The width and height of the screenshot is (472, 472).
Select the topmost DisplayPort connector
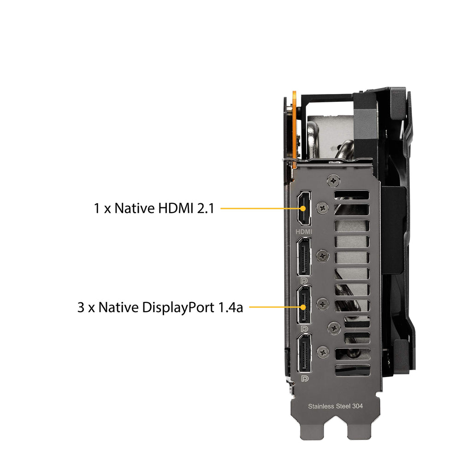tap(304, 256)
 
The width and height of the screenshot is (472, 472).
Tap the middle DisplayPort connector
tap(304, 304)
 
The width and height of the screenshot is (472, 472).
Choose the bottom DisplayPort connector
tap(304, 353)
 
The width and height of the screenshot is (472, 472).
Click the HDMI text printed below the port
tap(304, 231)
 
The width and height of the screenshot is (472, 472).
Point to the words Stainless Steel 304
tap(336, 406)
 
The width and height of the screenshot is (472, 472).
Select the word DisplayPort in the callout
tap(178, 307)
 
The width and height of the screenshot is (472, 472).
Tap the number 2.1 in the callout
tap(206, 208)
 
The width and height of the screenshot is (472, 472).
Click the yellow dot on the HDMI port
tap(303, 208)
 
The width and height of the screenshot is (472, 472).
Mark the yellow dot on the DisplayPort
tap(303, 307)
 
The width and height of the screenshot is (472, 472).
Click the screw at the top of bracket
tap(333, 181)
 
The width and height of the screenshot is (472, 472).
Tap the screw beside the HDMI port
tap(323, 207)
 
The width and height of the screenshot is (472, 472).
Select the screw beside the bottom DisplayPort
tap(323, 352)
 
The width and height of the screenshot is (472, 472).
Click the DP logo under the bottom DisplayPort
tap(304, 378)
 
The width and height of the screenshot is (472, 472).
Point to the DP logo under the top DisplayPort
tap(304, 281)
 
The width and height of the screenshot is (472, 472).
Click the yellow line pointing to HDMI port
tap(261, 208)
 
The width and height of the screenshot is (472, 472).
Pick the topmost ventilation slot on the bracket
tap(352, 195)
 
